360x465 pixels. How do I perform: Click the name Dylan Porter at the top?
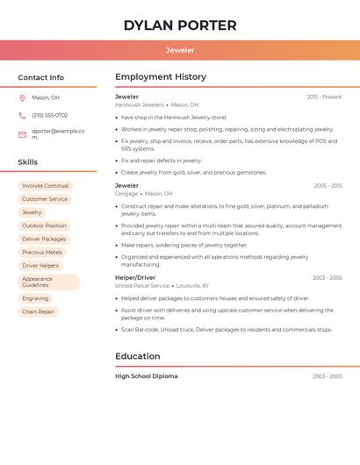point(180,25)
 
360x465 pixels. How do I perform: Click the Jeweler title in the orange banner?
point(180,50)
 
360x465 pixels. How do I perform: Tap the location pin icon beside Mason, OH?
point(22,97)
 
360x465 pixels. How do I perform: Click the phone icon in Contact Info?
point(22,115)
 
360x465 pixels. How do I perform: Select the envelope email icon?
point(22,134)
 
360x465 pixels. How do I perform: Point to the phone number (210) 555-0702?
point(49,115)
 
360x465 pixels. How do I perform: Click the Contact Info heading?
point(40,77)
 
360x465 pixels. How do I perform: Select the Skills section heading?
point(27,161)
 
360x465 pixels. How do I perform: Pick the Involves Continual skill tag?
point(45,186)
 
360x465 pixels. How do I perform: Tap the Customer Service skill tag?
point(45,199)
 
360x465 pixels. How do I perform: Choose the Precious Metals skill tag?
point(42,252)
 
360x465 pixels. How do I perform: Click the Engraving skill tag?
point(35,298)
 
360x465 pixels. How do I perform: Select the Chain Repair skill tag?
point(38,311)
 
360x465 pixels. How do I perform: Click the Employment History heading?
point(161,77)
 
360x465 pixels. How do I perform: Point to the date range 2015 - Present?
point(324,97)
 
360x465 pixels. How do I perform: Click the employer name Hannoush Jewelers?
point(140,104)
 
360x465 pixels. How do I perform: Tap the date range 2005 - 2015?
point(328,186)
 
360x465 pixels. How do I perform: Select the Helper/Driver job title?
point(135,277)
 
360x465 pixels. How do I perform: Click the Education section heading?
point(138,356)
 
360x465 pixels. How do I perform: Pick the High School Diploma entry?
point(147,376)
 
